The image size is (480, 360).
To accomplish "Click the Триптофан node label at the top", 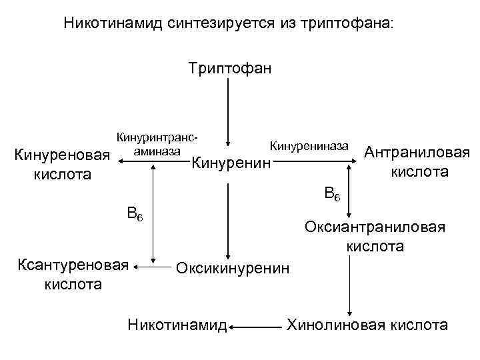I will pos(229,68).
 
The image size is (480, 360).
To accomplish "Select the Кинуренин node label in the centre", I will pos(231,163).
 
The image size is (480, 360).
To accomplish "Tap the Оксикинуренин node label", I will pos(233,268).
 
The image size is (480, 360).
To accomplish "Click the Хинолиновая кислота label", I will pos(367,325).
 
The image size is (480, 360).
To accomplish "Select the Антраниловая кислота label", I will pos(417,162).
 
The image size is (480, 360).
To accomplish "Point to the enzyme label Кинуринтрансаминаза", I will pos(157,145).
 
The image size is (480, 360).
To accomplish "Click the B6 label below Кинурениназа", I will pos(331,194).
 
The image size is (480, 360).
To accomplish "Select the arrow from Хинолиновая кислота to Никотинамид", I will pos(256,327).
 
